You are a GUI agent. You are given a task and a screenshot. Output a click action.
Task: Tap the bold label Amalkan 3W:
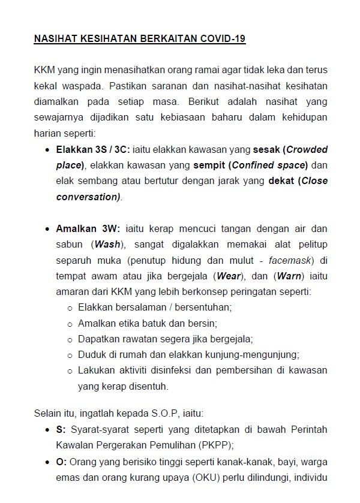pyautogui.click(x=88, y=230)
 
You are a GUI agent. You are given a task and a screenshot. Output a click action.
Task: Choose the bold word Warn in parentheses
pyautogui.click(x=290, y=276)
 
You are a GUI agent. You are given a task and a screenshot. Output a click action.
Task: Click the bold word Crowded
pyautogui.click(x=307, y=150)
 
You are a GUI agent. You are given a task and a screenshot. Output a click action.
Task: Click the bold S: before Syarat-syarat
pyautogui.click(x=61, y=430)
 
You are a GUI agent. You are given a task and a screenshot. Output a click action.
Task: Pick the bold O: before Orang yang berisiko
pyautogui.click(x=62, y=462)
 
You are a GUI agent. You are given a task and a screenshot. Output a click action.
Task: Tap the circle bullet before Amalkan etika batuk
pyautogui.click(x=70, y=324)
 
